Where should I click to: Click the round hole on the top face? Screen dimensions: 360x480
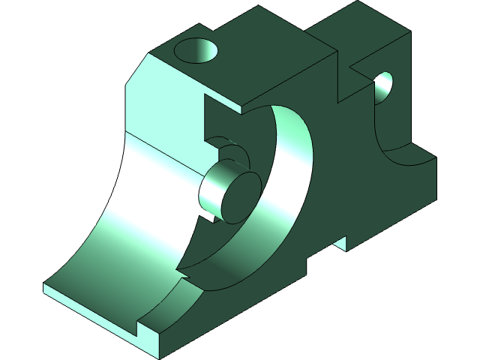[x=196, y=52]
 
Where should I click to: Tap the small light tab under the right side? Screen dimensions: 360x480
[x=340, y=243]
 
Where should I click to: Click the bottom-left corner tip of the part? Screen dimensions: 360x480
[x=44, y=289]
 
